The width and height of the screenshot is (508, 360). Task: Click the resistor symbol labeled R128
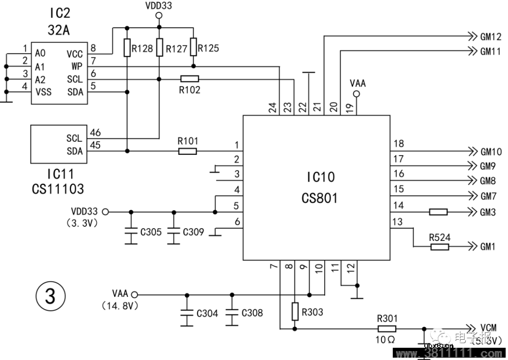(x=127, y=48)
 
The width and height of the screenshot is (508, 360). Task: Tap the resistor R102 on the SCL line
(x=190, y=79)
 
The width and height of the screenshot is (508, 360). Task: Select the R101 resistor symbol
(x=188, y=151)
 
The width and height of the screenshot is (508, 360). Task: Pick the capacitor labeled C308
(x=231, y=312)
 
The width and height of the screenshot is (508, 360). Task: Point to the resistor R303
(x=295, y=311)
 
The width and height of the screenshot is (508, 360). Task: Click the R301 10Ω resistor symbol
(x=387, y=329)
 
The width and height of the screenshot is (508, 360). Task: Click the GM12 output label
(x=491, y=36)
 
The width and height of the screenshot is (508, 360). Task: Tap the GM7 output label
(x=488, y=196)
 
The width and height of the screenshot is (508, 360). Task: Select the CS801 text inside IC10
(x=319, y=198)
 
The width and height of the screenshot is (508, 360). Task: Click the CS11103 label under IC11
(x=58, y=189)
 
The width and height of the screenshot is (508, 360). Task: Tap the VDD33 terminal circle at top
(x=159, y=16)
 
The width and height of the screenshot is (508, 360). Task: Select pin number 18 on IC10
(x=398, y=144)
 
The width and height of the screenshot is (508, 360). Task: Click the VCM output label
(x=489, y=328)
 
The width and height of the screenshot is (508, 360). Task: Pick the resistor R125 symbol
(x=193, y=48)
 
